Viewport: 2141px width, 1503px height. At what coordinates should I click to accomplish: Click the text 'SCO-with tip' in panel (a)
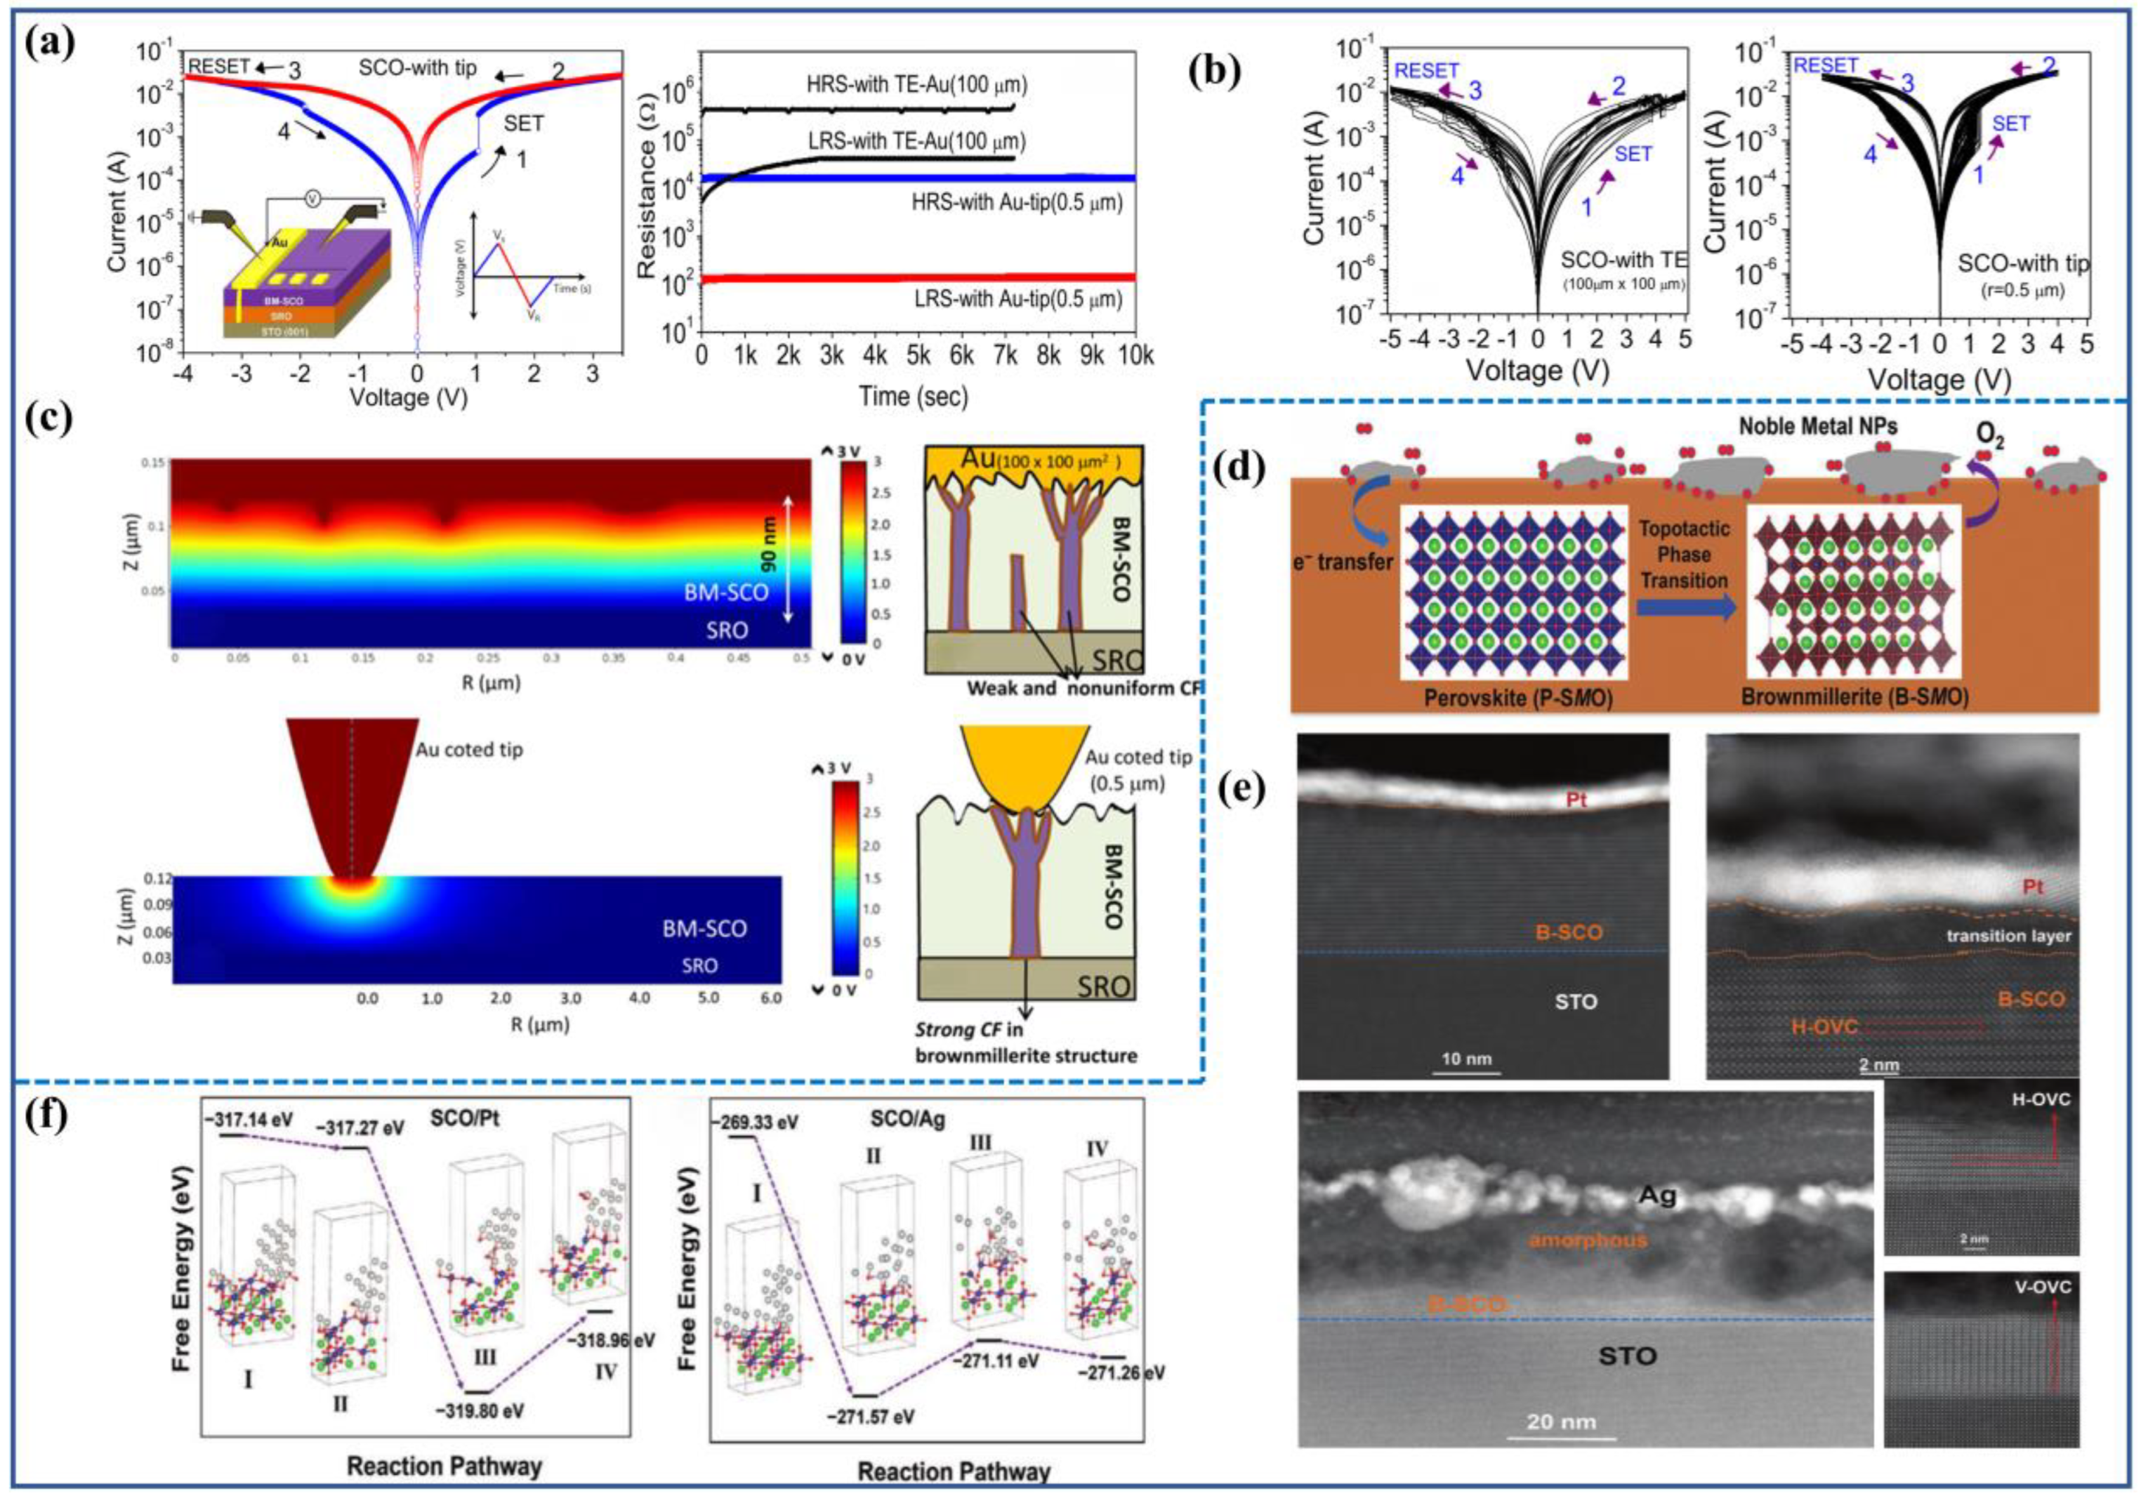point(418,68)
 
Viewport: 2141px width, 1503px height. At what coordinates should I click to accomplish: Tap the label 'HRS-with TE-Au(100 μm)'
point(916,85)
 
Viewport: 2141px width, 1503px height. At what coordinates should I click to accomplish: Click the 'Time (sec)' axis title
point(913,396)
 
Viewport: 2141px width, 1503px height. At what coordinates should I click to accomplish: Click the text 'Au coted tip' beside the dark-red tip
point(469,750)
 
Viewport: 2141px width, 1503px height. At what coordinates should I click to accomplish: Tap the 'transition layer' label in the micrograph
point(2008,936)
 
